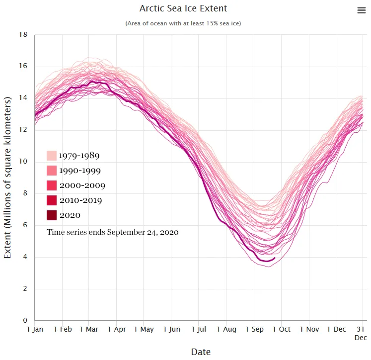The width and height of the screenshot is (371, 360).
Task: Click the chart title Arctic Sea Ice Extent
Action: (183, 8)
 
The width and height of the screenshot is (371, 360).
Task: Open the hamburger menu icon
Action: (362, 10)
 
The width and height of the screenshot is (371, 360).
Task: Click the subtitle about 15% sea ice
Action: (183, 23)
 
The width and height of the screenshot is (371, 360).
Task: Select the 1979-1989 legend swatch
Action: (52, 156)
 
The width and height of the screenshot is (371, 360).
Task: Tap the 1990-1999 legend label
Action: (79, 171)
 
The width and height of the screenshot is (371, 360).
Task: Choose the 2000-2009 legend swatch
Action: (52, 185)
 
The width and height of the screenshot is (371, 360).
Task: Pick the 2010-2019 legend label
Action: (80, 200)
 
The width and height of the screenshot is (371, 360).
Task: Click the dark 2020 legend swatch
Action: (52, 215)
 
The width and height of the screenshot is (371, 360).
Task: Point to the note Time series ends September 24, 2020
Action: (113, 232)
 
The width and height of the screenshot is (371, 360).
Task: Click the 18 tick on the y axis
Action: (23, 35)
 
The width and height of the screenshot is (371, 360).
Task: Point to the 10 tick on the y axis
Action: (23, 162)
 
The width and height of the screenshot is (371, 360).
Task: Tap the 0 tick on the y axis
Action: (25, 321)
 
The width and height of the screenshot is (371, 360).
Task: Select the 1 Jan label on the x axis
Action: (35, 329)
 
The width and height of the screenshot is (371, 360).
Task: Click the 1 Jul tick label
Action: (199, 329)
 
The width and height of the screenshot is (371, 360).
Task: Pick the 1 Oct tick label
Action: (281, 329)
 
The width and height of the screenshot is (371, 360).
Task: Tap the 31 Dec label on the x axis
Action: (361, 333)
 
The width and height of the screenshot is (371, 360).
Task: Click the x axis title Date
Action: (201, 352)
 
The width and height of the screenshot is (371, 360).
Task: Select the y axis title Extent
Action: (8, 178)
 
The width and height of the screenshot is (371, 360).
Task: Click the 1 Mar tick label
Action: (89, 329)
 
